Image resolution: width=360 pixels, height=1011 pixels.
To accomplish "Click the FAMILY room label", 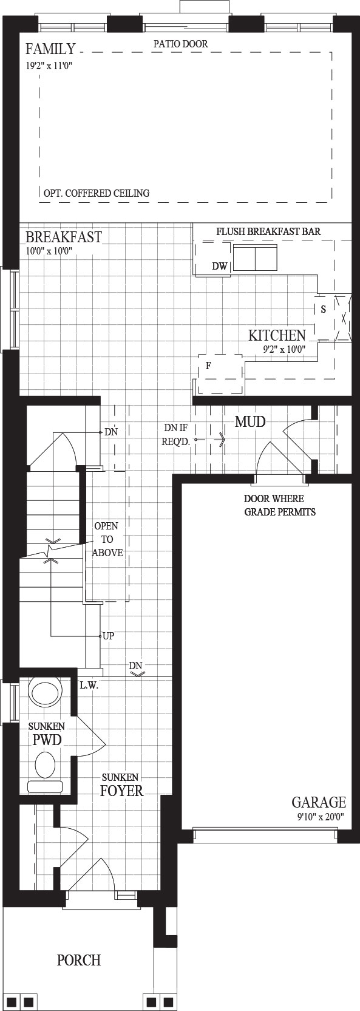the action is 50,49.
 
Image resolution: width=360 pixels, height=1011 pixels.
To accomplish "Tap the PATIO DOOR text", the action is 180,44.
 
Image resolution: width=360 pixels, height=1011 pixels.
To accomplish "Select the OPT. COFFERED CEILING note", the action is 97,193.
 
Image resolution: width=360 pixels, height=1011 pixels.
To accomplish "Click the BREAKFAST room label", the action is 64,237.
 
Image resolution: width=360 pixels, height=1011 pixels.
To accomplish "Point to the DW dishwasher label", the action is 220,267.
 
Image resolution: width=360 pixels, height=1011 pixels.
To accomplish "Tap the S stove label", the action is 323,310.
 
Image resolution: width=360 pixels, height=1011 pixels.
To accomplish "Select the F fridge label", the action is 208,366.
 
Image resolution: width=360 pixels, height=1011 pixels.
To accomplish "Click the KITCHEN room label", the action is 277,335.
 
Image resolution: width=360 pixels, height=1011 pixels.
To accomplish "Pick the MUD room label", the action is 250,422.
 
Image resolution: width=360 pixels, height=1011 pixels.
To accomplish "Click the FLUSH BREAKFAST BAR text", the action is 268,231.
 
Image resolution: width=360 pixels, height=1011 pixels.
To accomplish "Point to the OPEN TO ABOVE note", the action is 107,539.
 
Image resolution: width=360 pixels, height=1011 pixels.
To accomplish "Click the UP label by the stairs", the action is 108,636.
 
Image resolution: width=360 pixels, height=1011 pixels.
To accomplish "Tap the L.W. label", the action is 89,685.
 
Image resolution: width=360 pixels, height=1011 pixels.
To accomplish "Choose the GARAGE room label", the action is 319,802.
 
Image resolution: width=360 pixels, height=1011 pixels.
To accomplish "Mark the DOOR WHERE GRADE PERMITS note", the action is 280,505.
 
